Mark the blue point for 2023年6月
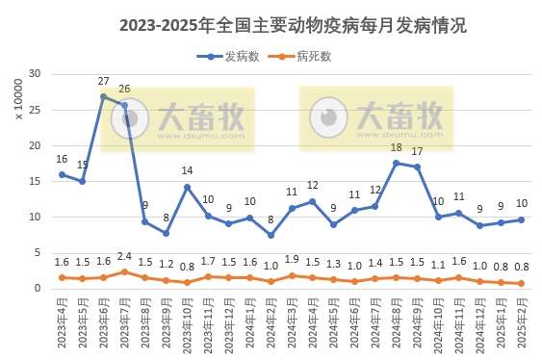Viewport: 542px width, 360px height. click(103, 96)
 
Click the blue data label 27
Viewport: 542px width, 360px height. click(103, 82)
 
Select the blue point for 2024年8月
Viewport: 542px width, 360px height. click(396, 163)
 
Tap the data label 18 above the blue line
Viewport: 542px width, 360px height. click(396, 148)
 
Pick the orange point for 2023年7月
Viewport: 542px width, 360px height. click(124, 271)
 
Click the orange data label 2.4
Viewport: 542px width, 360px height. click(124, 257)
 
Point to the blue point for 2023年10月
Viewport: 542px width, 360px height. click(187, 187)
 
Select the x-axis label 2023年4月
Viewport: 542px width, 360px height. click(62, 322)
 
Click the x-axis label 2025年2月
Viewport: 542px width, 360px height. click(522, 322)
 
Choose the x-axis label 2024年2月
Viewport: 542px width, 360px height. click(271, 322)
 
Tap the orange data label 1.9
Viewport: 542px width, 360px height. click(292, 260)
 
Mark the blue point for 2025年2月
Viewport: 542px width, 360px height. click(521, 219)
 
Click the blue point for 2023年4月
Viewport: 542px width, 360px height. click(62, 174)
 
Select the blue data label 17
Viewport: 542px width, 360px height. click(417, 152)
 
